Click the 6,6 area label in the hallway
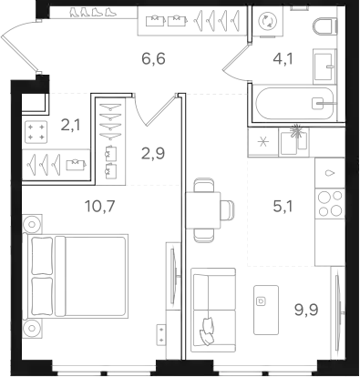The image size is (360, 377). (153, 58)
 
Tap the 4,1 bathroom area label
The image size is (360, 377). (283, 59)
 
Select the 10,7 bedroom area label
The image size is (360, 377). (100, 207)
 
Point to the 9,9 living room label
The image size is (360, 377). (306, 310)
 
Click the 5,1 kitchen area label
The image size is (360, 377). (283, 207)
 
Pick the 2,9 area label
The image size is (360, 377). (153, 153)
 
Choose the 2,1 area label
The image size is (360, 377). (71, 125)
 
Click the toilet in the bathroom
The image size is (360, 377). (324, 27)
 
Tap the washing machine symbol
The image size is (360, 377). (267, 21)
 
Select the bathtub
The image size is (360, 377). (294, 103)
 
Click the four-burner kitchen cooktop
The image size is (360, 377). (330, 204)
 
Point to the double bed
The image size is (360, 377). (77, 275)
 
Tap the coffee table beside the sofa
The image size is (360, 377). (266, 310)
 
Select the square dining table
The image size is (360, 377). (203, 210)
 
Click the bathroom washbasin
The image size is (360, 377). (324, 66)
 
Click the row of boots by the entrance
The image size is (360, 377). (93, 12)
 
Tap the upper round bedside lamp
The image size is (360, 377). (32, 224)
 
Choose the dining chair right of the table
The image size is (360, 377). (228, 210)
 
